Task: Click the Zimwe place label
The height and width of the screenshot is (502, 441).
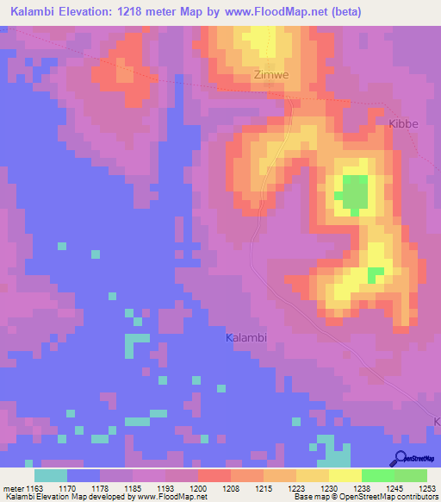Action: (270, 75)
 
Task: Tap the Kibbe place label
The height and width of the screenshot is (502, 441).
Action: (403, 123)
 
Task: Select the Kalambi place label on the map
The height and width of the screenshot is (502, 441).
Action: (246, 338)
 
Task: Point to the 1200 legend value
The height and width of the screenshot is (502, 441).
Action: (198, 488)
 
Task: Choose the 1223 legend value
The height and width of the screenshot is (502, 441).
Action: (295, 488)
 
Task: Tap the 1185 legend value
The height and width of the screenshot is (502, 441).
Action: (133, 488)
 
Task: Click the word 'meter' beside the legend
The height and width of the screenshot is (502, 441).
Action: (13, 488)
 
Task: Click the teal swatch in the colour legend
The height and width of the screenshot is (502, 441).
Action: (51, 475)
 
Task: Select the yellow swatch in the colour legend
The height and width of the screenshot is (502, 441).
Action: (345, 475)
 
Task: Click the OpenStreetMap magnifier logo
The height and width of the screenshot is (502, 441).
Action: (400, 459)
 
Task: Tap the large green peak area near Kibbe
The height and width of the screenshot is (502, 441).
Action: (353, 191)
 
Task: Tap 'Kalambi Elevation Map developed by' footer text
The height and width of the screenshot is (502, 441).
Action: (64, 497)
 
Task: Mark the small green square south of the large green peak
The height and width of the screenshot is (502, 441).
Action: (376, 274)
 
